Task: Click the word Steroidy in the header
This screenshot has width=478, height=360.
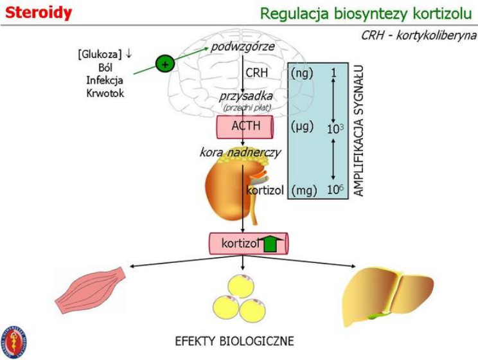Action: (x=39, y=12)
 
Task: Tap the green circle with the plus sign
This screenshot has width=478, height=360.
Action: (x=165, y=64)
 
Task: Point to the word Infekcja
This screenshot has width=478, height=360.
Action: (x=104, y=80)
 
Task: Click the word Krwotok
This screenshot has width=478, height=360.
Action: (x=104, y=93)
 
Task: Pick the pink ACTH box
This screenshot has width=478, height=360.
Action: (x=246, y=125)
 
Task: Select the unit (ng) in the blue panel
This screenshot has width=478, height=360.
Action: (x=302, y=73)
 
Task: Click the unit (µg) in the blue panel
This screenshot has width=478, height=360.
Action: (x=302, y=126)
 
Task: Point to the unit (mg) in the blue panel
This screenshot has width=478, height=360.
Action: (x=303, y=190)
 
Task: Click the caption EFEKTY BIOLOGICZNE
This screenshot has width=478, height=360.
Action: (x=235, y=340)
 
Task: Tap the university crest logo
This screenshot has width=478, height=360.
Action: (x=15, y=341)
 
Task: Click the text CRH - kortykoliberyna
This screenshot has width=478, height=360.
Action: (x=418, y=35)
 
